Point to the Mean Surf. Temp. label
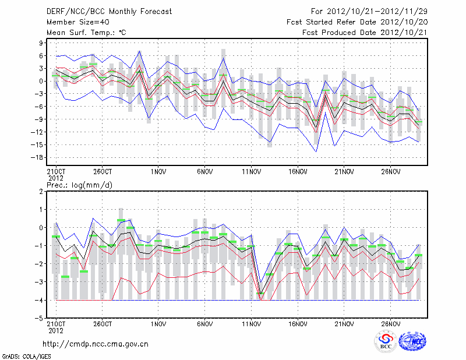click(86, 33)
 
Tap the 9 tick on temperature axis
click(42, 43)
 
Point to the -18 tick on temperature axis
click(38, 157)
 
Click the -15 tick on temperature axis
click(38, 144)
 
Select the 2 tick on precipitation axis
click(42, 191)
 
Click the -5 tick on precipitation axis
click(40, 318)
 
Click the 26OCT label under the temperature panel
click(102, 172)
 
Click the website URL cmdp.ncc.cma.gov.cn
click(96, 344)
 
